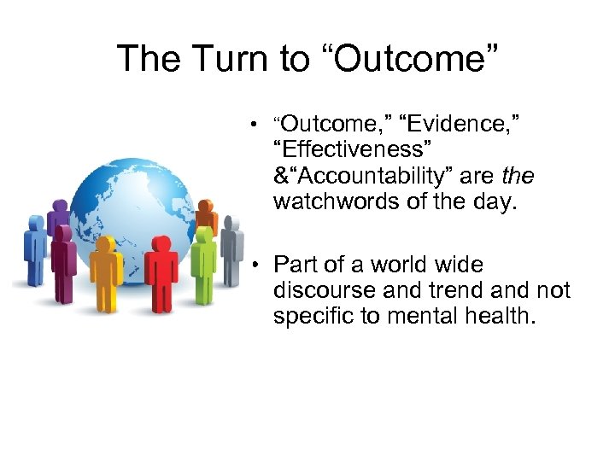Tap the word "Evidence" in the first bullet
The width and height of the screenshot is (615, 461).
click(x=457, y=125)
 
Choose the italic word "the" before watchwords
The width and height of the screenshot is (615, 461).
click(x=518, y=177)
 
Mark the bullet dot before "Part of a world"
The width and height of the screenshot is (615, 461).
click(x=255, y=266)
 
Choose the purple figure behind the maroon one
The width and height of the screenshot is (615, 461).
click(x=59, y=218)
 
